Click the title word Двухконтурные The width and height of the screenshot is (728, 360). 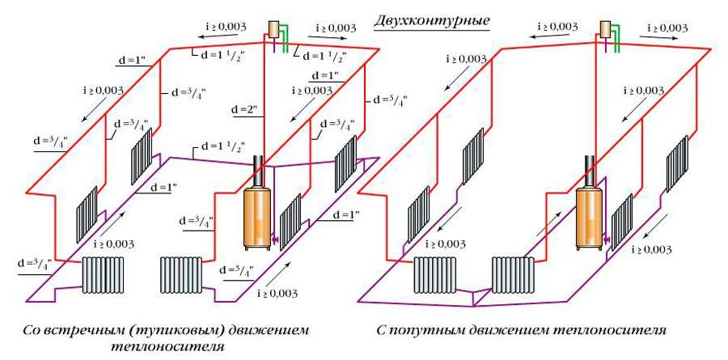pyautogui.click(x=432, y=19)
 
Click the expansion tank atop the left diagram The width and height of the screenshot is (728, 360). pyautogui.click(x=276, y=28)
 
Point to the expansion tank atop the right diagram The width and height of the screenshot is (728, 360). pyautogui.click(x=605, y=28)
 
